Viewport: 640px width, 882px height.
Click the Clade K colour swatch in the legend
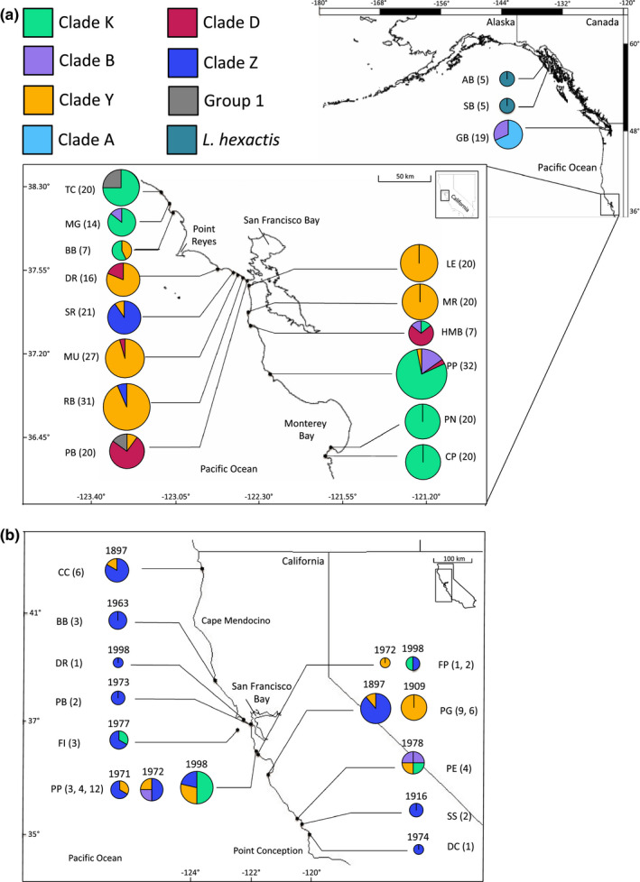(38, 23)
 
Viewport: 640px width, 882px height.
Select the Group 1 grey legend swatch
(182, 101)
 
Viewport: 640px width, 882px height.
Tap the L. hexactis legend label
(241, 140)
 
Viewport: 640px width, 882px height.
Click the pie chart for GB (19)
(508, 134)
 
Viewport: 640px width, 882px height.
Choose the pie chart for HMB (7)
(421, 333)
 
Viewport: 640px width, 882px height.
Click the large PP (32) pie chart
(422, 374)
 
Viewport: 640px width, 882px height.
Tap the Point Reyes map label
(204, 234)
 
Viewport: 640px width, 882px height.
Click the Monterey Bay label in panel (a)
(306, 430)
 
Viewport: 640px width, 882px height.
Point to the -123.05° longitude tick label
(176, 497)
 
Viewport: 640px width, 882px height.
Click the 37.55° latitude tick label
(36, 271)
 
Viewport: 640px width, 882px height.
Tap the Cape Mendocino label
(236, 621)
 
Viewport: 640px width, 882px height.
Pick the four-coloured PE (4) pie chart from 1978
(413, 762)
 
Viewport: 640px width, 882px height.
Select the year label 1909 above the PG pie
(413, 686)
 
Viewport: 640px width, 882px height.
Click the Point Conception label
(268, 850)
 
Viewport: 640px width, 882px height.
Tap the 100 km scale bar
(452, 561)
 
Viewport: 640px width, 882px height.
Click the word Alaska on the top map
(500, 23)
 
